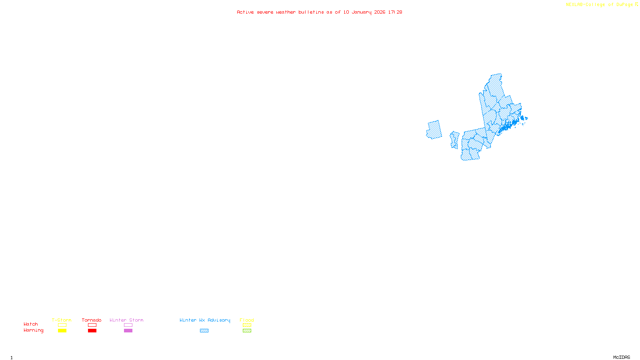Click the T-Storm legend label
(62, 320)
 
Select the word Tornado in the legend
(92, 320)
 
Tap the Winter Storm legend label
(126, 320)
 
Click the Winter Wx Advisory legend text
(205, 320)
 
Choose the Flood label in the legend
(247, 320)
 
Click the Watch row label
(31, 324)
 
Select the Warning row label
(33, 330)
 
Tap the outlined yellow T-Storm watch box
(62, 325)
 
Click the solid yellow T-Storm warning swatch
(62, 331)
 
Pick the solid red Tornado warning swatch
(92, 331)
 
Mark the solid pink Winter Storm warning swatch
(128, 331)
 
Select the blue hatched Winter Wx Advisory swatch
(204, 331)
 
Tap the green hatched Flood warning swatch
(247, 331)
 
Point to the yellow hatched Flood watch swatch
(247, 325)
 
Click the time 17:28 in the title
(395, 12)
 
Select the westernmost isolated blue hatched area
(434, 130)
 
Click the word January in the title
(362, 12)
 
